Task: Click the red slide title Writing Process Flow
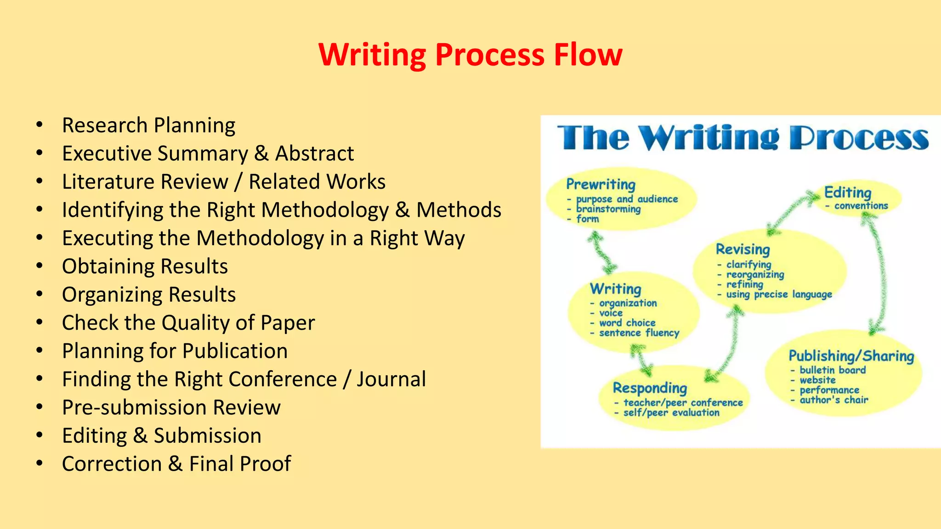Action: (x=470, y=55)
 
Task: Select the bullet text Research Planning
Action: (x=148, y=125)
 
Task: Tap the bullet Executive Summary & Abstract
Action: (x=208, y=153)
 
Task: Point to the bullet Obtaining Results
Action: (x=145, y=266)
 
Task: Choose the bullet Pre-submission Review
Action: (x=171, y=407)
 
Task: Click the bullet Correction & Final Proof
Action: (x=176, y=464)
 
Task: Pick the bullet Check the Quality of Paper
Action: (x=188, y=323)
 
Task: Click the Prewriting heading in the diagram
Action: (x=601, y=184)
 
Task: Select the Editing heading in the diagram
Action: (x=847, y=192)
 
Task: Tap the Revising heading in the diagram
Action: (x=743, y=249)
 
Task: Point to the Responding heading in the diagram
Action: (x=650, y=388)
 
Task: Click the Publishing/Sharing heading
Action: (x=851, y=356)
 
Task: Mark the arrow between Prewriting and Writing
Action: (x=602, y=252)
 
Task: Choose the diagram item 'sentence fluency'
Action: (x=639, y=333)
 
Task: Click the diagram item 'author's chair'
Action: (x=833, y=400)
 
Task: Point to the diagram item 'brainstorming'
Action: (x=608, y=209)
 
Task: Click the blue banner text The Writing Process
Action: (x=743, y=138)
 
